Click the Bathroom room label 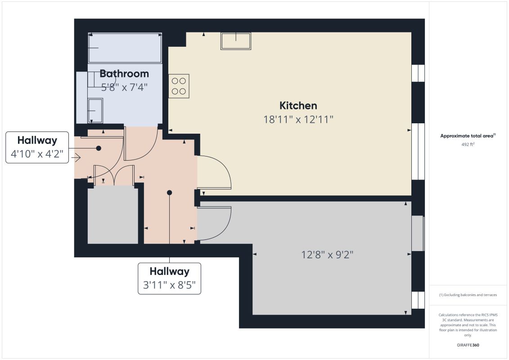point(124,73)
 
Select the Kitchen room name point(298,106)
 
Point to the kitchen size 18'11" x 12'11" point(298,120)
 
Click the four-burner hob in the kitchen point(179,86)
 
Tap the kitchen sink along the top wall point(236,41)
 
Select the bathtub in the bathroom point(125,48)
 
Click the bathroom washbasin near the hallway point(95,111)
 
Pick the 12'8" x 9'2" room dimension point(327,255)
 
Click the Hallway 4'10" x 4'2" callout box point(37,147)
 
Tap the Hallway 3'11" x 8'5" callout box point(169,279)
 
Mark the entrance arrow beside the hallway point(76,158)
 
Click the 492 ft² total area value point(468,144)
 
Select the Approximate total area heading point(468,135)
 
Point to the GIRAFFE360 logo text point(468,346)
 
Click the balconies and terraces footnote point(468,295)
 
